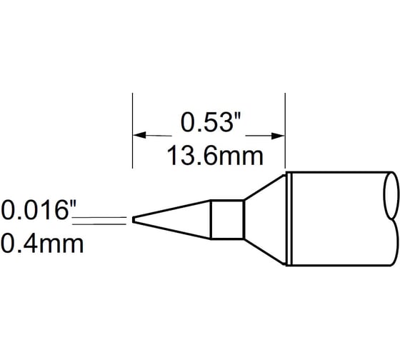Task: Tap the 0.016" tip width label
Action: pyautogui.click(x=38, y=211)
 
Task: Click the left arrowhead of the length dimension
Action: pyautogui.click(x=140, y=134)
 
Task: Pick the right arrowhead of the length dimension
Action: pyautogui.click(x=278, y=134)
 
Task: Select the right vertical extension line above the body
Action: pyautogui.click(x=285, y=129)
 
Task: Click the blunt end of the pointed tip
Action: pyautogui.click(x=133, y=219)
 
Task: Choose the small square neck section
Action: pyautogui.click(x=228, y=219)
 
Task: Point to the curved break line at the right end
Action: pyautogui.click(x=391, y=219)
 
